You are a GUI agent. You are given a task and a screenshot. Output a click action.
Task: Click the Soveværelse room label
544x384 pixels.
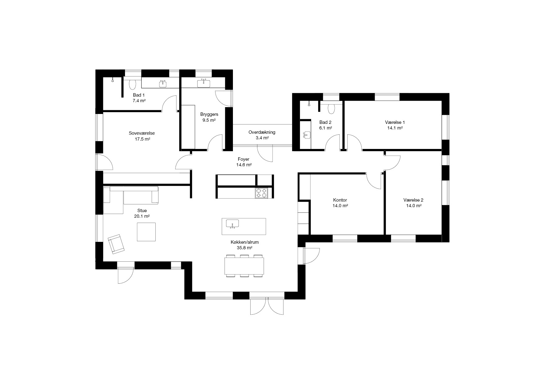click(142, 133)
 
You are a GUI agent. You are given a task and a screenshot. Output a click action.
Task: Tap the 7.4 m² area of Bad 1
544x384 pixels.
click(139, 101)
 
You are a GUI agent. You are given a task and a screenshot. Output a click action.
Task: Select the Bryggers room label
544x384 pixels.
click(209, 114)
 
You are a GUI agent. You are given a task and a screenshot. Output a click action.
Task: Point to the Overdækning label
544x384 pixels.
click(262, 132)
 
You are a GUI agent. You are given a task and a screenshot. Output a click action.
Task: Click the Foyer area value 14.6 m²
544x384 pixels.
click(244, 165)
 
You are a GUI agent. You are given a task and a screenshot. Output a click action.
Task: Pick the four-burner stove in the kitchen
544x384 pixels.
click(261, 193)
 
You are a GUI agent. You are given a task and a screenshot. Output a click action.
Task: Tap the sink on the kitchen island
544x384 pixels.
click(232, 224)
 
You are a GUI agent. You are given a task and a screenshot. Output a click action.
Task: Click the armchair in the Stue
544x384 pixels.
click(116, 244)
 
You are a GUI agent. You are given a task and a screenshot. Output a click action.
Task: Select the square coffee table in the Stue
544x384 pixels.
click(146, 232)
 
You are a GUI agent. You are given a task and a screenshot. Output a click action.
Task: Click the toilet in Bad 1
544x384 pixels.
click(132, 84)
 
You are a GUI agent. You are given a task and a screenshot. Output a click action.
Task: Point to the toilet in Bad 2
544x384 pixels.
click(332, 109)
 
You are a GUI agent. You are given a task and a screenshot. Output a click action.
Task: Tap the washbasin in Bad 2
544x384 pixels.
click(307, 135)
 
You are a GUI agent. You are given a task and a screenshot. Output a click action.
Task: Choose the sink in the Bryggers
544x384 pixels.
click(204, 83)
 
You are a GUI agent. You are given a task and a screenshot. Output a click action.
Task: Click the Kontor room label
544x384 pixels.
click(340, 200)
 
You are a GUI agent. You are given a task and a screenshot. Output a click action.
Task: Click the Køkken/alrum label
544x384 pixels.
click(245, 242)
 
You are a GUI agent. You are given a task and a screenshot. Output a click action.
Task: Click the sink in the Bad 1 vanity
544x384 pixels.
click(163, 83)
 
